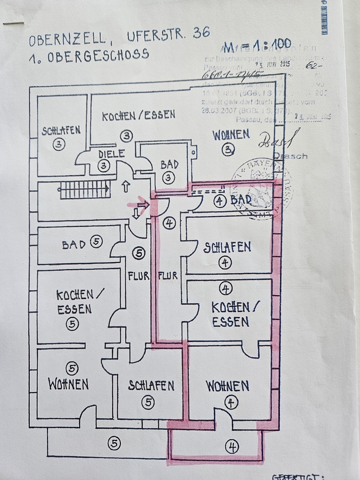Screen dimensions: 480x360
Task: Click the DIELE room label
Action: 111,154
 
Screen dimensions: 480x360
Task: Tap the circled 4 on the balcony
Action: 231,447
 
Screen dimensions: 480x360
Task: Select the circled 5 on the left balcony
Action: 114,443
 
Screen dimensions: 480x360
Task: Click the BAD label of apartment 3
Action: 169,164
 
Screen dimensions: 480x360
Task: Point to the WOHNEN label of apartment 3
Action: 231,134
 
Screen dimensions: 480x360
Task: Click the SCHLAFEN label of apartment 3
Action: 60,131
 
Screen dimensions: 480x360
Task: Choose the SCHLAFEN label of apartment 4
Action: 227,247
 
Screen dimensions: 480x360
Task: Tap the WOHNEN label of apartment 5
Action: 68,384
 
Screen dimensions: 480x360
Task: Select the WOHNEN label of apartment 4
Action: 228,385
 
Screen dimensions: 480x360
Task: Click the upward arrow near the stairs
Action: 126,186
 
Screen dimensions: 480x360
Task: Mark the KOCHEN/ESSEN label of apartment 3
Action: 138,115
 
